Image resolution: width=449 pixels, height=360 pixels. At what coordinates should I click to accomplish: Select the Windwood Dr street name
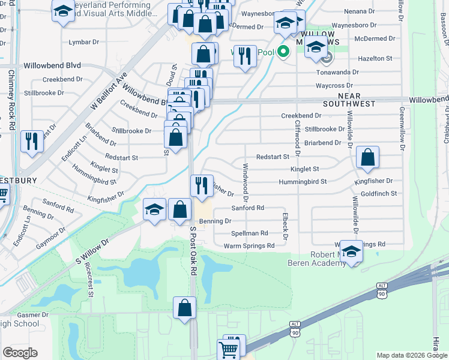[246, 181]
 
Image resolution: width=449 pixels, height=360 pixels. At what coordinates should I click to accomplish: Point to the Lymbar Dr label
[83, 42]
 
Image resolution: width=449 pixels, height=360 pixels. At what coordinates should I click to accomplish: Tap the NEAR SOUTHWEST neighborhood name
[357, 100]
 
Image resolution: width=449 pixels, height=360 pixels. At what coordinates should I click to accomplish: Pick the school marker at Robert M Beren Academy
[351, 251]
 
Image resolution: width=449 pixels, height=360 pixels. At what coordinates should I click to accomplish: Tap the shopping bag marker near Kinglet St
[367, 157]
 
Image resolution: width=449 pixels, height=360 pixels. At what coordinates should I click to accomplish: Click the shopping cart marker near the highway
[229, 347]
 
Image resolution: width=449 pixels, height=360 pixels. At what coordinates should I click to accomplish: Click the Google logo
[20, 353]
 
